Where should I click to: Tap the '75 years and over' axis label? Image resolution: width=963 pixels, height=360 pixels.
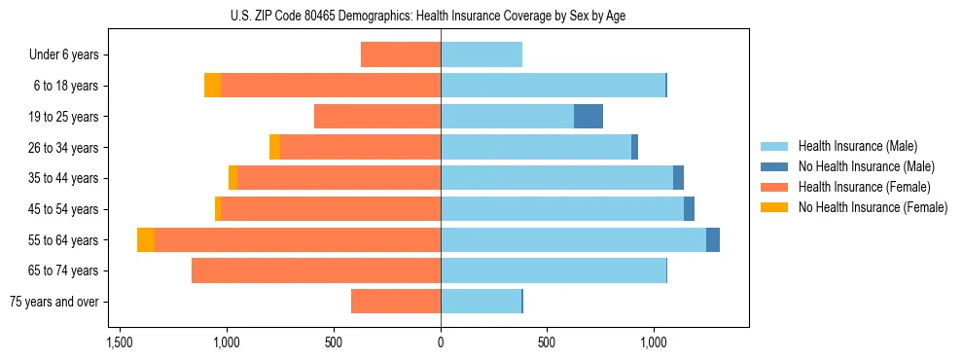pyautogui.click(x=54, y=302)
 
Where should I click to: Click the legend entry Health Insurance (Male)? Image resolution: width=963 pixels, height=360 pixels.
pyautogui.click(x=857, y=147)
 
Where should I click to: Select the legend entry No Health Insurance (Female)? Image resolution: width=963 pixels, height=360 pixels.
pyautogui.click(x=873, y=207)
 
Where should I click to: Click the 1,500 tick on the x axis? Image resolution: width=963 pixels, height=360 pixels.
pyautogui.click(x=120, y=342)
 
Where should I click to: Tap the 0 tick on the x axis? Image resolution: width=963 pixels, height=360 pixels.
pyautogui.click(x=441, y=342)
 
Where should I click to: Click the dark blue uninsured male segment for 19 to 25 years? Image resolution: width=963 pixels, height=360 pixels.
pyautogui.click(x=588, y=117)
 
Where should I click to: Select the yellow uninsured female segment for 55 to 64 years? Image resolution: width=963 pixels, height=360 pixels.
pyautogui.click(x=146, y=240)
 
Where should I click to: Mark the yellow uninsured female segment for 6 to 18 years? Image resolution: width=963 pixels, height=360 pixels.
pyautogui.click(x=212, y=86)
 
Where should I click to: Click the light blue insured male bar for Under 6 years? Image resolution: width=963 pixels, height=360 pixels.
pyautogui.click(x=481, y=55)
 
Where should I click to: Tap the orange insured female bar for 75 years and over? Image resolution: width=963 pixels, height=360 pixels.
pyautogui.click(x=396, y=302)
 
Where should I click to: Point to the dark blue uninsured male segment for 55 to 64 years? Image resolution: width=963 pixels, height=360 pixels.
pyautogui.click(x=713, y=240)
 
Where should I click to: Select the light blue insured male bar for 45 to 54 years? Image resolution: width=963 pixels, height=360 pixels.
pyautogui.click(x=562, y=209)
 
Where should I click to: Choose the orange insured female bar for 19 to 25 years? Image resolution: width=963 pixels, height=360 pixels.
pyautogui.click(x=377, y=117)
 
